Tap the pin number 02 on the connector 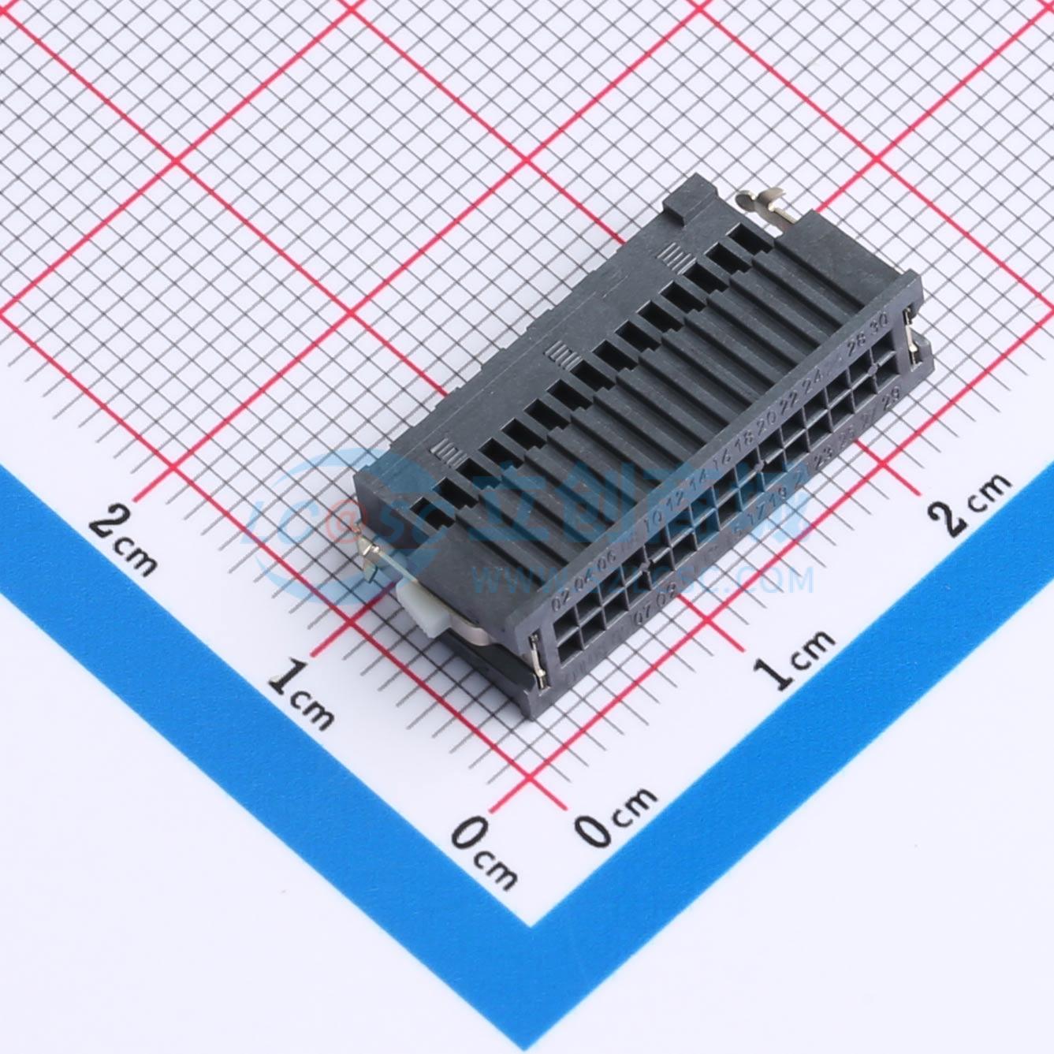coord(561,605)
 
